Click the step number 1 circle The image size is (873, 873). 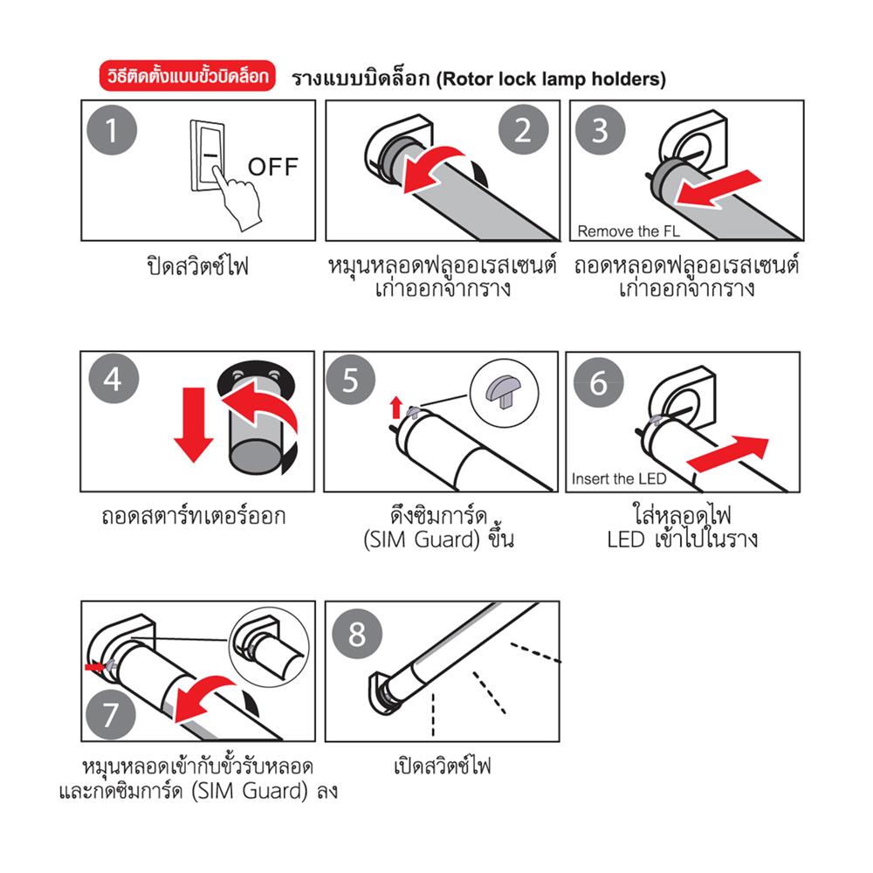point(112,131)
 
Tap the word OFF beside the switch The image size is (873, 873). point(272,166)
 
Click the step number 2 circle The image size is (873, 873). point(523,131)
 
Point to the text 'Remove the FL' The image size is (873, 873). point(628,232)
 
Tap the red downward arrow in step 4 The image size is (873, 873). point(193,429)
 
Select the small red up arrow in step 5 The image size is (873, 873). point(396,405)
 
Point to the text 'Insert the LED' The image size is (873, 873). point(619,479)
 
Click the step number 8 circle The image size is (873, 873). point(357,634)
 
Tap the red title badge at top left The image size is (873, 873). point(188,78)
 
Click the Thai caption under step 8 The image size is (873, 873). point(443,767)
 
